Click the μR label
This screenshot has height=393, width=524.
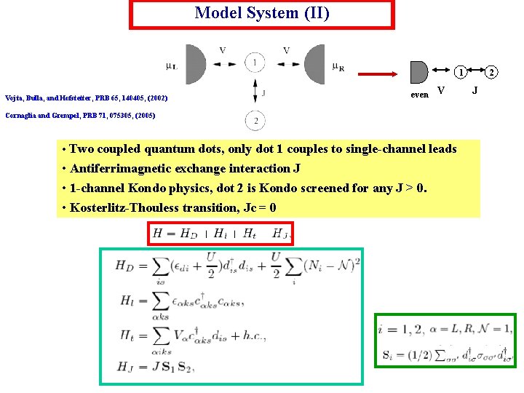tap(338, 68)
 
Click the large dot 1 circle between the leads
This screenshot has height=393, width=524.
tap(255, 63)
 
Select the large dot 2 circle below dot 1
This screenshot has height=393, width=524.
tap(255, 120)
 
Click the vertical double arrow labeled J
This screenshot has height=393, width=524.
tap(255, 91)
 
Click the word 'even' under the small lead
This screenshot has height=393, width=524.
tap(419, 95)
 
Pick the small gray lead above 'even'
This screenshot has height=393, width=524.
tap(418, 72)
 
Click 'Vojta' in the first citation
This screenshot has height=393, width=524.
tap(15, 98)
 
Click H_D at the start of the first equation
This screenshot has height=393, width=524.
tap(124, 266)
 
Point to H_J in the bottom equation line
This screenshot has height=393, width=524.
tap(124, 365)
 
